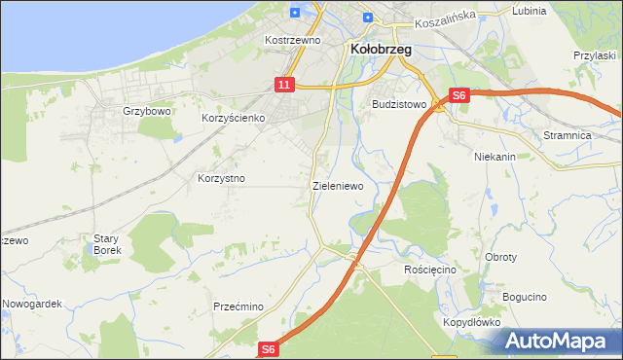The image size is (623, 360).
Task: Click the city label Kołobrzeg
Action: pos(381,49)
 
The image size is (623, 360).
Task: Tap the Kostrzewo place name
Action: pos(293,41)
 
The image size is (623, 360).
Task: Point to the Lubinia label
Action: pos(529,11)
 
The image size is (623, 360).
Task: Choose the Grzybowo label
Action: pos(147,111)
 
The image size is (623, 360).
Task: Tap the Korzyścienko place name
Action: pos(234,118)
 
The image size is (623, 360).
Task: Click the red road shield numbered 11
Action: pos(283,86)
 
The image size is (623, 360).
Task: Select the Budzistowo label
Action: pos(400,103)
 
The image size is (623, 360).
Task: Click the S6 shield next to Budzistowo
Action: pos(459,95)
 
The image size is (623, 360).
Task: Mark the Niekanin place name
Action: pos(495,156)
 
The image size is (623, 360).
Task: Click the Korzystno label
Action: pos(221,179)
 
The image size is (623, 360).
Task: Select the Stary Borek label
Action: pos(106,244)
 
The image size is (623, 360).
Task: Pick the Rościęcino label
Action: pos(430,269)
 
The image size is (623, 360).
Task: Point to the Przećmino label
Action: pos(238,306)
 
